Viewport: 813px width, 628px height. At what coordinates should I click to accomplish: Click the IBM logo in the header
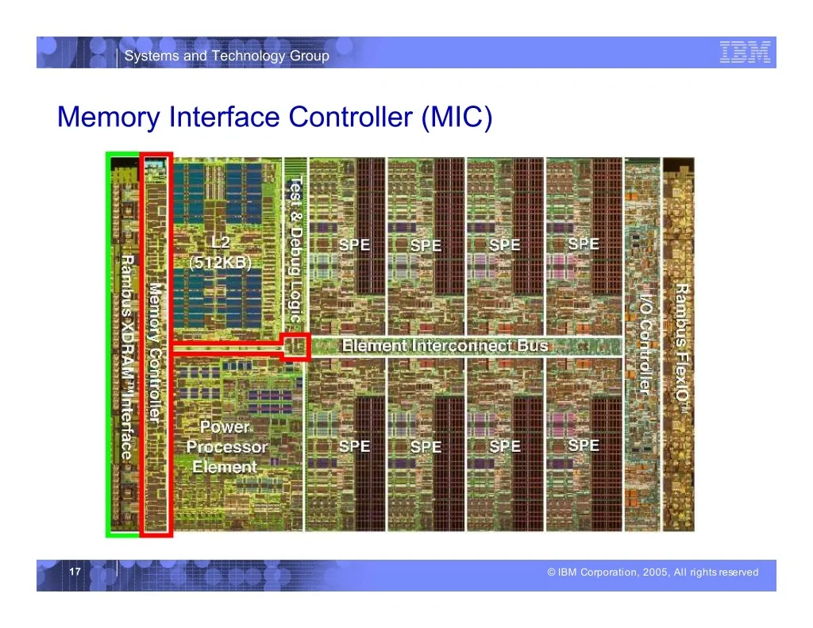pos(745,52)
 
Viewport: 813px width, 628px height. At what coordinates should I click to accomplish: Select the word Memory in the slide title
pos(109,118)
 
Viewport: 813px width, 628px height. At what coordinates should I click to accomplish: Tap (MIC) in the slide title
pos(457,118)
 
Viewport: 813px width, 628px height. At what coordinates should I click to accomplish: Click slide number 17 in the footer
pos(75,572)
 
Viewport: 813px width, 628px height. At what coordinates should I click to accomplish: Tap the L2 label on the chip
pos(221,243)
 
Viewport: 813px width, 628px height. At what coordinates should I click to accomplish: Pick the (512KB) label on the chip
pos(221,263)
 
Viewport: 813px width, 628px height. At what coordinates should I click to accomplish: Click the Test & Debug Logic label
pos(295,249)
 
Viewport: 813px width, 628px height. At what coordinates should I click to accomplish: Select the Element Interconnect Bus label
pos(445,345)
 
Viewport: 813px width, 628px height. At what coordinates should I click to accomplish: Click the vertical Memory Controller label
pos(155,353)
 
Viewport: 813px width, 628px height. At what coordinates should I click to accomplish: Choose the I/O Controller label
pos(644,345)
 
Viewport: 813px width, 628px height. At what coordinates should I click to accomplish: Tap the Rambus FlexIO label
pos(682,349)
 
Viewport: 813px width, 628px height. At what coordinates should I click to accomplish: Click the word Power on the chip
pos(225,427)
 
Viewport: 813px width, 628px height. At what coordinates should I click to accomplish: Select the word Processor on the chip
pos(227,447)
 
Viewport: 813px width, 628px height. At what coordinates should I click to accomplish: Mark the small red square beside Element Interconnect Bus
pos(295,346)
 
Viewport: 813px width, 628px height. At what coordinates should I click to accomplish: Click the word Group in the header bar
pos(309,56)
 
